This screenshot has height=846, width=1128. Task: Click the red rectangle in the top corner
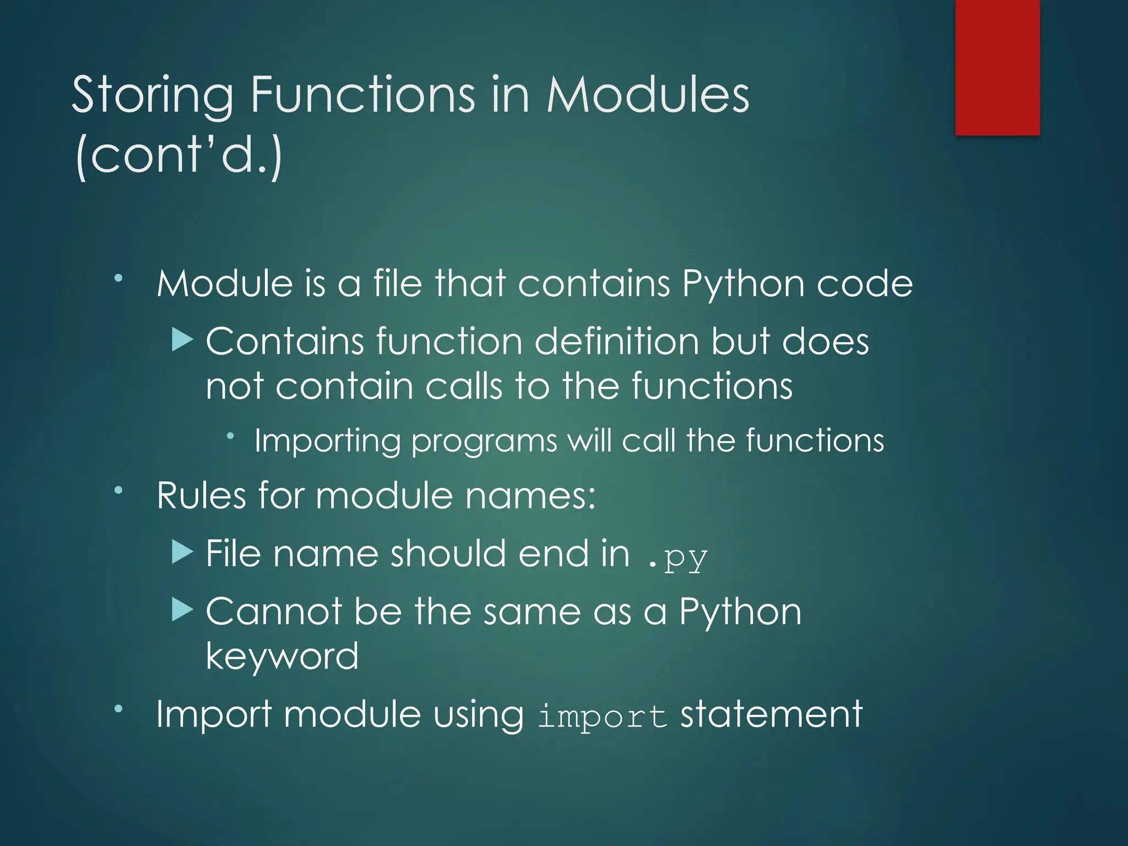[x=997, y=67]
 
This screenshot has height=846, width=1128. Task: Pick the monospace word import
[x=602, y=717]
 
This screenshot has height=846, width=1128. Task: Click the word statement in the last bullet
[x=771, y=714]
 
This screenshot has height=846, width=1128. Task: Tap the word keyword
[x=282, y=657]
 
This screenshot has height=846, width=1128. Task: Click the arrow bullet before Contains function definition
[x=182, y=340]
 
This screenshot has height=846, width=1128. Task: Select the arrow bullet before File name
[x=182, y=552]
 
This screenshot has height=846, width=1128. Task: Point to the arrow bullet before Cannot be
[x=182, y=610]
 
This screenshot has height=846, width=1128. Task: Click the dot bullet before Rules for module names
[x=118, y=490]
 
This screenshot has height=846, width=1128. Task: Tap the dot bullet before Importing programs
[x=231, y=436]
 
